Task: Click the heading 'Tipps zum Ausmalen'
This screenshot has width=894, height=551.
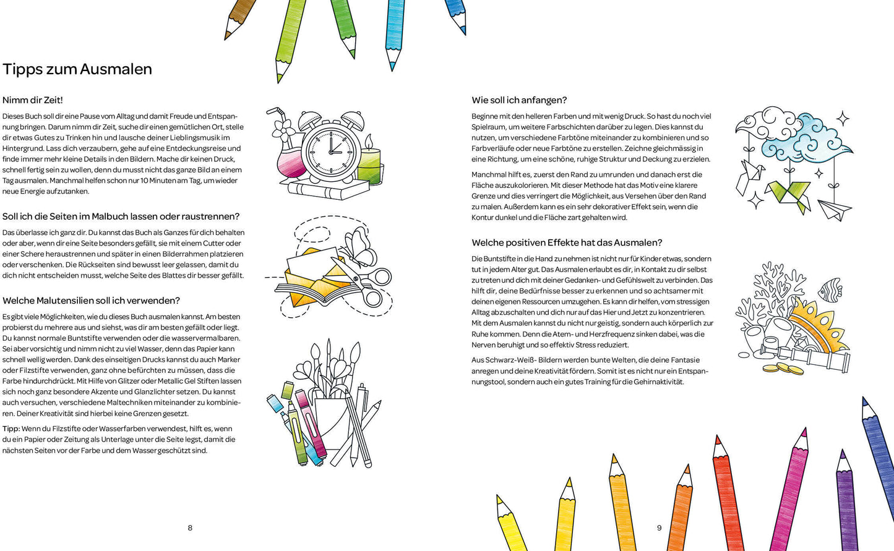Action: coord(77,69)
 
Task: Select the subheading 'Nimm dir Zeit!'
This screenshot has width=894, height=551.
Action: coord(33,100)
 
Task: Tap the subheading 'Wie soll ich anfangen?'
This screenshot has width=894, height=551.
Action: coord(519,100)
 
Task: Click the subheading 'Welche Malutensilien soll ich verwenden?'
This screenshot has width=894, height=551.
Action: coord(91,301)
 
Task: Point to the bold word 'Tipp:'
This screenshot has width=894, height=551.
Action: coord(11,429)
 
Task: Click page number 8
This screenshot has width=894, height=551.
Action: coord(190,528)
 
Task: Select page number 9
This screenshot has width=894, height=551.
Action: coord(659,528)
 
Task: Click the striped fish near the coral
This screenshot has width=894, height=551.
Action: coord(830,289)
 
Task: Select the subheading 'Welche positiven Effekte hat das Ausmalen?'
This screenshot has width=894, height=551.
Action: coord(567,242)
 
